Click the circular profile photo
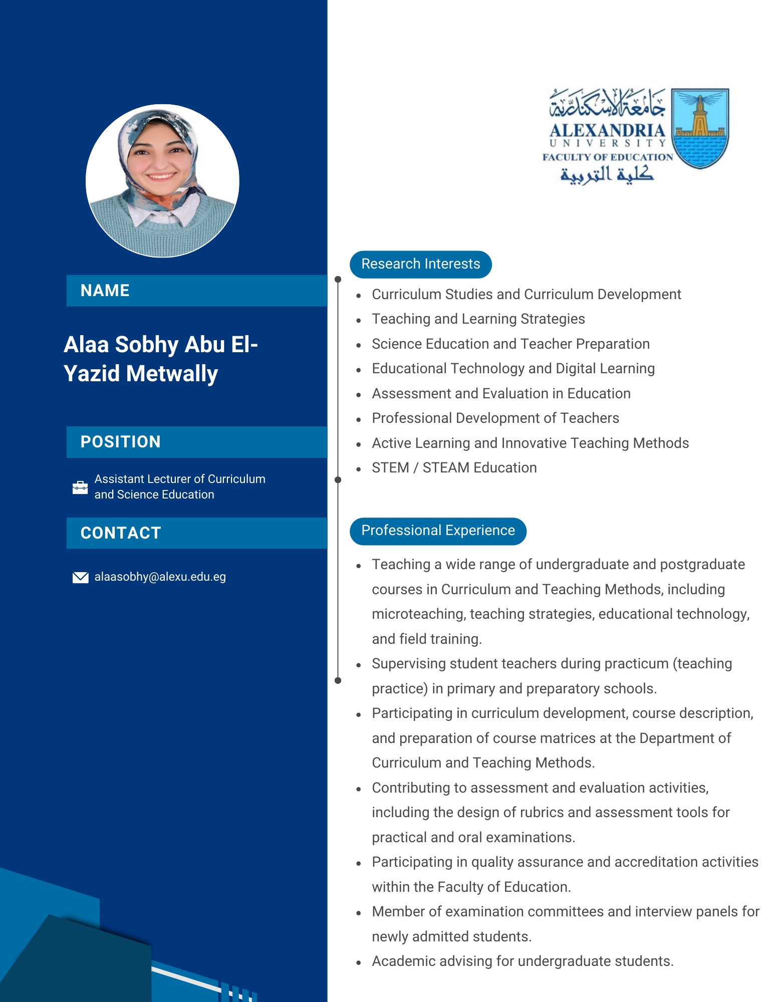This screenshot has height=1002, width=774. (162, 181)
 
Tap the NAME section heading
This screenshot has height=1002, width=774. (105, 291)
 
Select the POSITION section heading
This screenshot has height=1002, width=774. (120, 442)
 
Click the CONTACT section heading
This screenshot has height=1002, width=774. (121, 533)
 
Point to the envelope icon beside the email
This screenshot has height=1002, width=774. (80, 577)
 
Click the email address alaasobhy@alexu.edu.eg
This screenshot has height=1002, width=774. (160, 577)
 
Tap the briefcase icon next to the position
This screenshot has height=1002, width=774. (80, 487)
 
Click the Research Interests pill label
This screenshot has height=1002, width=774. (420, 264)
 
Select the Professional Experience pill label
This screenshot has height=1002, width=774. (438, 531)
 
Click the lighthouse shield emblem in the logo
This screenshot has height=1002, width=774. (699, 128)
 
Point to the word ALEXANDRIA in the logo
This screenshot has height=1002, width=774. (607, 131)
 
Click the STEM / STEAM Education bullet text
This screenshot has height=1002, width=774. (454, 468)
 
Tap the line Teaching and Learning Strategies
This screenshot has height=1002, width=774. (478, 319)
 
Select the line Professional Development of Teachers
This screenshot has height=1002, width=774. (495, 418)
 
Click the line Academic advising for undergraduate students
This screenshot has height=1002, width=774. (522, 961)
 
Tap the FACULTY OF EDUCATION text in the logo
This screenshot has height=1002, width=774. (607, 157)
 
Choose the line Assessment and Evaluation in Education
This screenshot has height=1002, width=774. (500, 394)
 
